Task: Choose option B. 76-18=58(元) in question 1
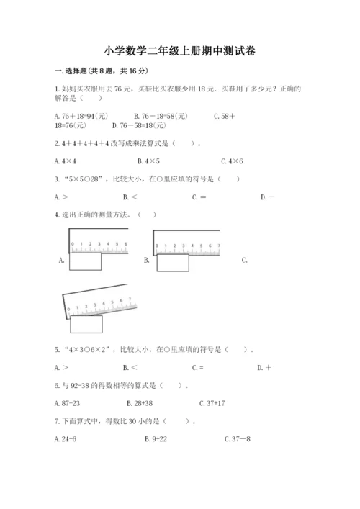pyautogui.click(x=161, y=115)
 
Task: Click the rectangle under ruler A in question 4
pyautogui.click(x=86, y=262)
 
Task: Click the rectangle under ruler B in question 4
pyautogui.click(x=172, y=263)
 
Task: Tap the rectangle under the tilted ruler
pyautogui.click(x=86, y=325)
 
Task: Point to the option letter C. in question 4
pyautogui.click(x=245, y=260)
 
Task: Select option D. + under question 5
pyautogui.click(x=264, y=368)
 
